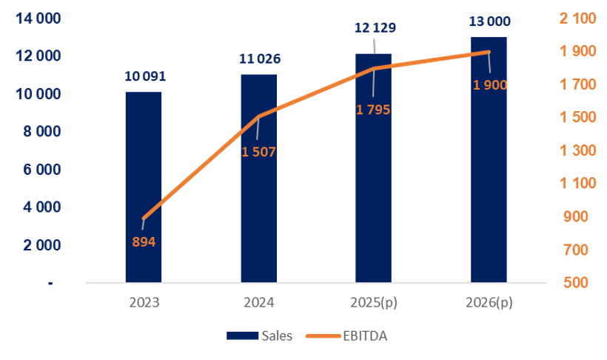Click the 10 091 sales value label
144,76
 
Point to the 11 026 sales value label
258,59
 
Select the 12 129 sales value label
375,28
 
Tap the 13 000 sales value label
489,21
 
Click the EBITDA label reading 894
144,241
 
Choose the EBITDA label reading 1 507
258,153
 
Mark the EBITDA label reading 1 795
372,110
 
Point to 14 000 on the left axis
36,19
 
